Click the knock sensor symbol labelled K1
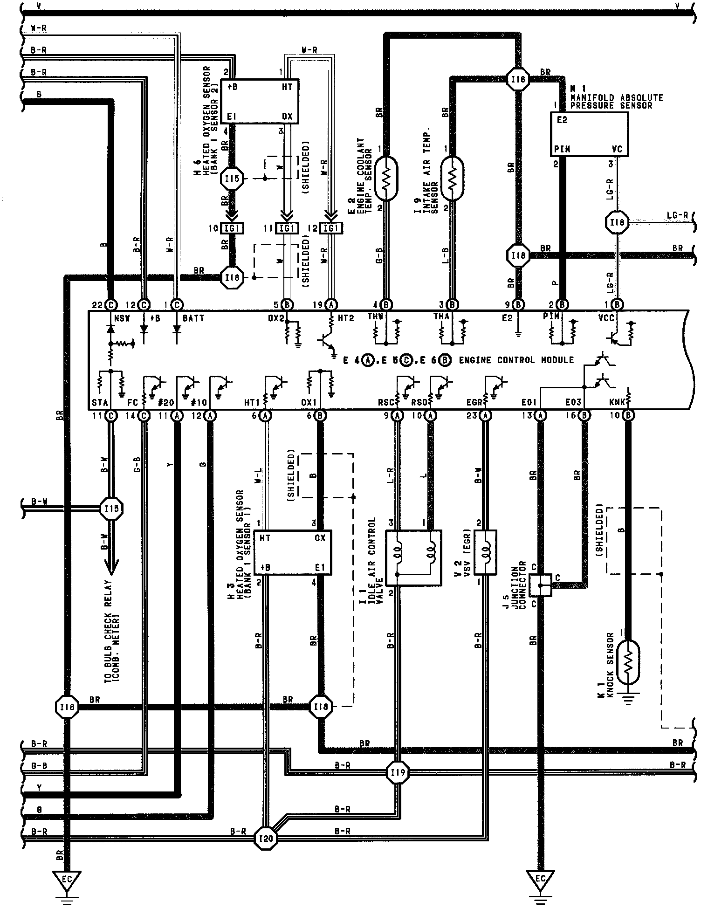coord(627,662)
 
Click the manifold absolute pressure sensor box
coord(589,134)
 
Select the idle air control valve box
coord(414,557)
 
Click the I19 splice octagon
coord(398,772)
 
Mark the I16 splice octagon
coord(68,707)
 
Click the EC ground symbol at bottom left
coord(67,880)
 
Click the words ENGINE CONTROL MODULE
coord(516,360)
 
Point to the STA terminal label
coord(100,403)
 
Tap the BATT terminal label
coord(193,318)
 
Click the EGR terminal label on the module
coord(475,403)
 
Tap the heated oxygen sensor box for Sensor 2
coord(260,101)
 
